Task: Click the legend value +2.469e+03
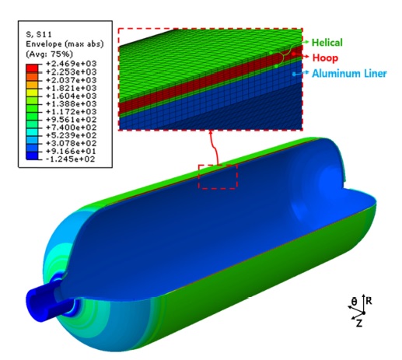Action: pyautogui.click(x=71, y=64)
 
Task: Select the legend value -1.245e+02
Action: pyautogui.click(x=70, y=159)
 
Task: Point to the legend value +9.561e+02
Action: pyautogui.click(x=71, y=120)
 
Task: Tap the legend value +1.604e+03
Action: pyautogui.click(x=71, y=96)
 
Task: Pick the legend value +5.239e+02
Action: pyautogui.click(x=71, y=135)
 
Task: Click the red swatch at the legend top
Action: pyautogui.click(x=32, y=68)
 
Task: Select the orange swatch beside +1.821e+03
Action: pyautogui.click(x=32, y=85)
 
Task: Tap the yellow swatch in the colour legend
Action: pyautogui.click(x=32, y=93)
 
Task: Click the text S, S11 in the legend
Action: pyautogui.click(x=39, y=34)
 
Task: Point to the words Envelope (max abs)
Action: pyautogui.click(x=65, y=44)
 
